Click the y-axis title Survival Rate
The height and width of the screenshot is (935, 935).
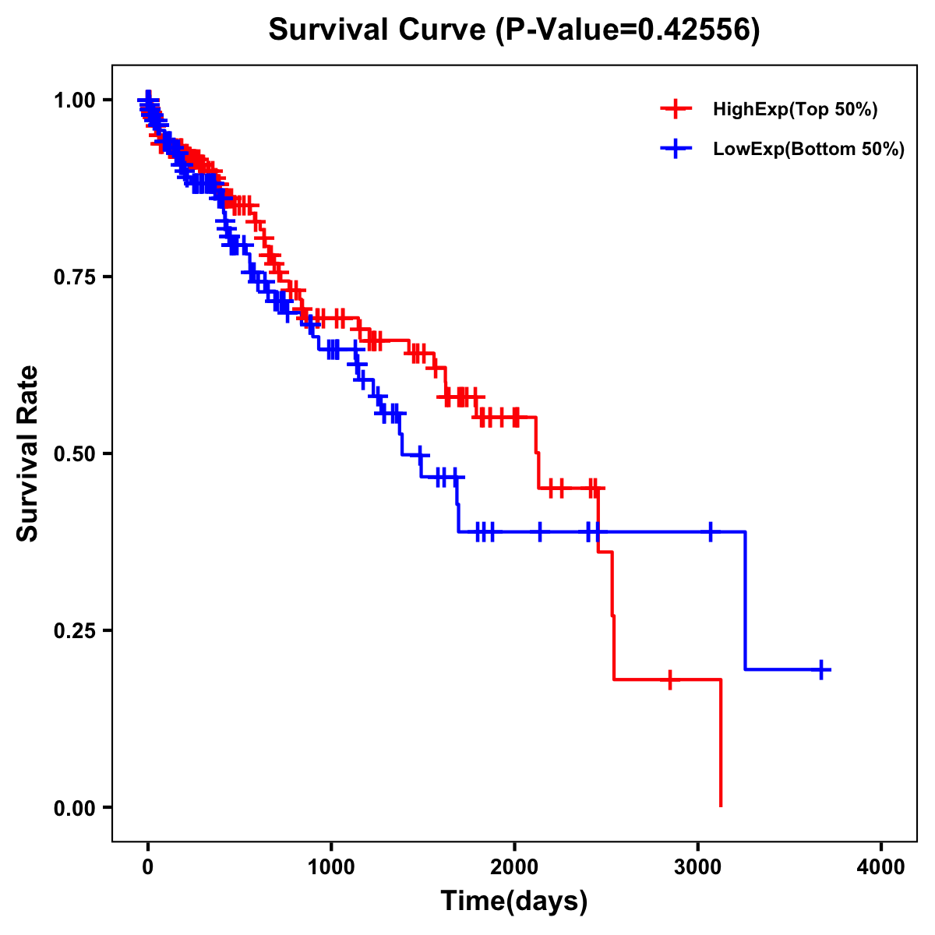(28, 453)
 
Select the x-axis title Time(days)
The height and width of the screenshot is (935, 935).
(514, 901)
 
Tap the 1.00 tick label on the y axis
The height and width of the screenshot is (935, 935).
(74, 100)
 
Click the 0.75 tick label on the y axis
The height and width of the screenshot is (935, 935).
(74, 277)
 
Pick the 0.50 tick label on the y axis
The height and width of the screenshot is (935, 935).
(74, 453)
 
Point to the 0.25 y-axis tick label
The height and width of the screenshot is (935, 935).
(74, 630)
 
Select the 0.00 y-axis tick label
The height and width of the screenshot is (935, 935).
(74, 807)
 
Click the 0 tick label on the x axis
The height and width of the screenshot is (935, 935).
(148, 866)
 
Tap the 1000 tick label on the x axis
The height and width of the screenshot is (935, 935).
(331, 866)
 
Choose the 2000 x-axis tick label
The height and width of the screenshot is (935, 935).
(514, 866)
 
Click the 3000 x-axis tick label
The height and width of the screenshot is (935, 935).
(698, 866)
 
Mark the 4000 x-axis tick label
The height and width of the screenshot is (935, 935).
(881, 866)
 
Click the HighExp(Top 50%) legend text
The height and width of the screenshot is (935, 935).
(796, 110)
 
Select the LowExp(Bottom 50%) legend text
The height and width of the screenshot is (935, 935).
(809, 150)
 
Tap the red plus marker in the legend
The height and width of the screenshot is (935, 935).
(676, 109)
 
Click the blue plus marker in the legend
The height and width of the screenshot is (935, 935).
(676, 149)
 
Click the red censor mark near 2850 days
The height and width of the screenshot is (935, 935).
(669, 679)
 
